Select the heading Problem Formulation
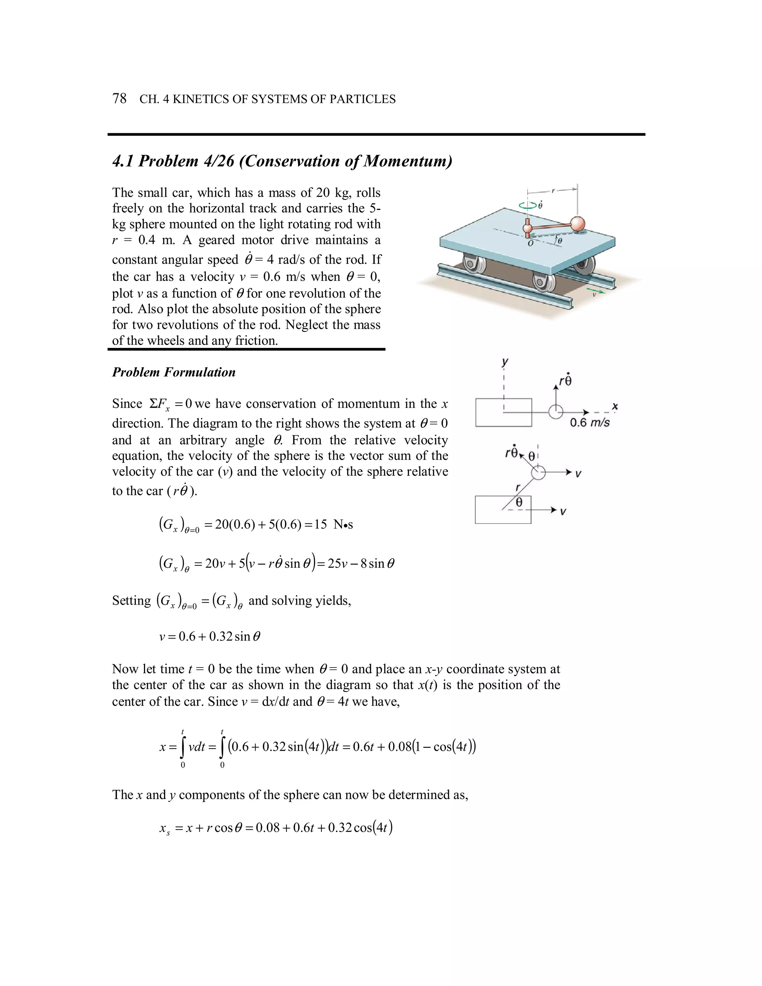[173, 372]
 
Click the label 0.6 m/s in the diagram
[590, 423]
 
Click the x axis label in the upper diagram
[614, 407]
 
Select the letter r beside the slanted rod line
[518, 487]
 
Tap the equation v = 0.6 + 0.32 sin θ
[210, 637]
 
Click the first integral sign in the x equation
[182, 747]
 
